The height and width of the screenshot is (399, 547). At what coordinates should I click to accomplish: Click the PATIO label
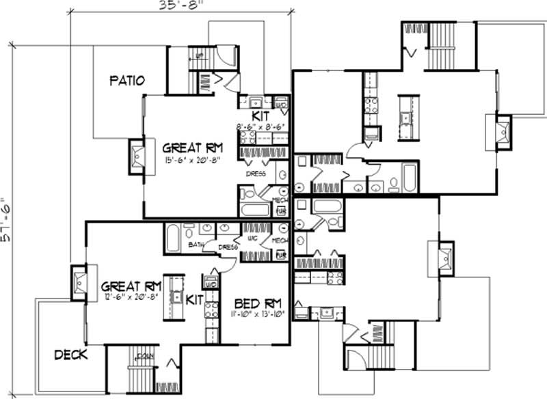pyautogui.click(x=127, y=82)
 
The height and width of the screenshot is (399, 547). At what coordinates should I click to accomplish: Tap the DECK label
pyautogui.click(x=70, y=355)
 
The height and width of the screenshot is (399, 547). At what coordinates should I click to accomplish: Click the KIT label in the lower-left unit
pyautogui.click(x=194, y=299)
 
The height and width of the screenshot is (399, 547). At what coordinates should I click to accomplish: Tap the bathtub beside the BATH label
pyautogui.click(x=172, y=238)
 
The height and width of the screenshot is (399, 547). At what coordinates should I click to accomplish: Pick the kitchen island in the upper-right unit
pyautogui.click(x=404, y=110)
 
